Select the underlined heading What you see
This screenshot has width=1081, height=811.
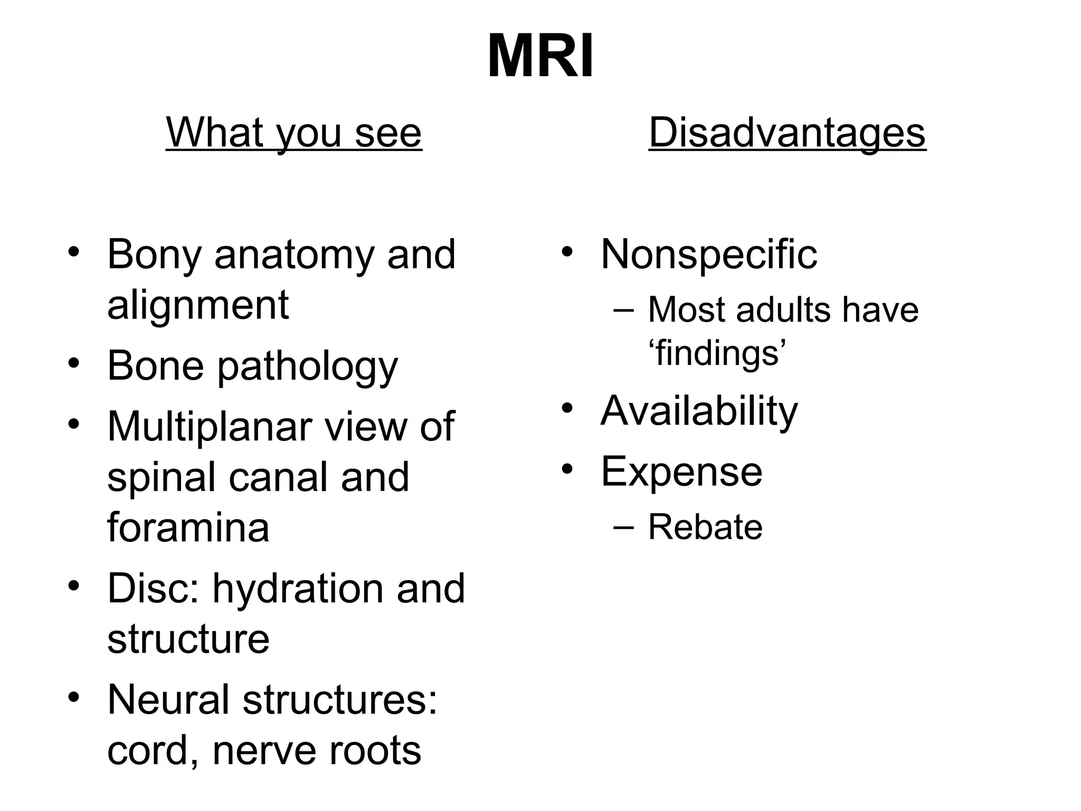coord(294,133)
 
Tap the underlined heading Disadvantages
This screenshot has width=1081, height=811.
coord(787,133)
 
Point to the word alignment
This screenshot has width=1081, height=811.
coord(198,305)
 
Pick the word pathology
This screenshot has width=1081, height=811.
coord(308,366)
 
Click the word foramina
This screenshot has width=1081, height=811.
coord(188,527)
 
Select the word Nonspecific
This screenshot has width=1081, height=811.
coord(709,254)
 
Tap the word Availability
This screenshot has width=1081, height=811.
coord(699,411)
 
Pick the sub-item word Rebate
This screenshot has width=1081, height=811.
coord(705,527)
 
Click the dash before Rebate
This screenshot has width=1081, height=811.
coord(623,526)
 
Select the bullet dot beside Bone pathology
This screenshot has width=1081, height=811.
coord(74,363)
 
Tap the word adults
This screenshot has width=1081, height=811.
coord(784,309)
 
